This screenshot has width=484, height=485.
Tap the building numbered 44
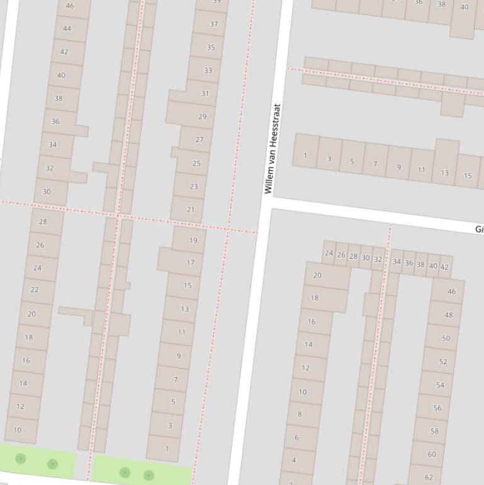click(67, 29)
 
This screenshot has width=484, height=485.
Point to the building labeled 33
click(208, 71)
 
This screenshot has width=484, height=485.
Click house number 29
click(202, 117)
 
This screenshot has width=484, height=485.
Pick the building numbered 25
click(196, 163)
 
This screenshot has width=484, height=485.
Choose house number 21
click(191, 209)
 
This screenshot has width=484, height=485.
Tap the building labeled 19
click(193, 240)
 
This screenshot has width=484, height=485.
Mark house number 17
click(190, 262)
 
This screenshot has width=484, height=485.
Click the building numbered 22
click(35, 290)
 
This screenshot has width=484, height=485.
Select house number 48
click(448, 315)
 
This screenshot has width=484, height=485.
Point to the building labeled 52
click(442, 362)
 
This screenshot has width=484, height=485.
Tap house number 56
click(437, 408)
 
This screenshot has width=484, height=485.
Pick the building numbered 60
click(431, 454)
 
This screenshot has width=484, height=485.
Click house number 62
click(428, 476)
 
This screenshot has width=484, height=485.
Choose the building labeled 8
click(299, 414)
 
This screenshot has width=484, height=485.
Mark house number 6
click(296, 437)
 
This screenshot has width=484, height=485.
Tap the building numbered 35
click(211, 47)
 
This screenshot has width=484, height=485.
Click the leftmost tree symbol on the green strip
click(20, 459)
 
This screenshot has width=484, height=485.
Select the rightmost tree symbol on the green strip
click(149, 475)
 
